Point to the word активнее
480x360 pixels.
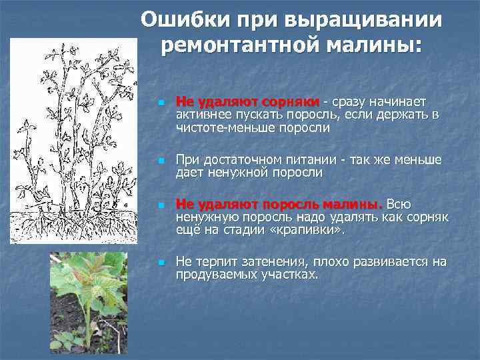coord(202,115)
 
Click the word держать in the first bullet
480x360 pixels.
coord(407,115)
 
